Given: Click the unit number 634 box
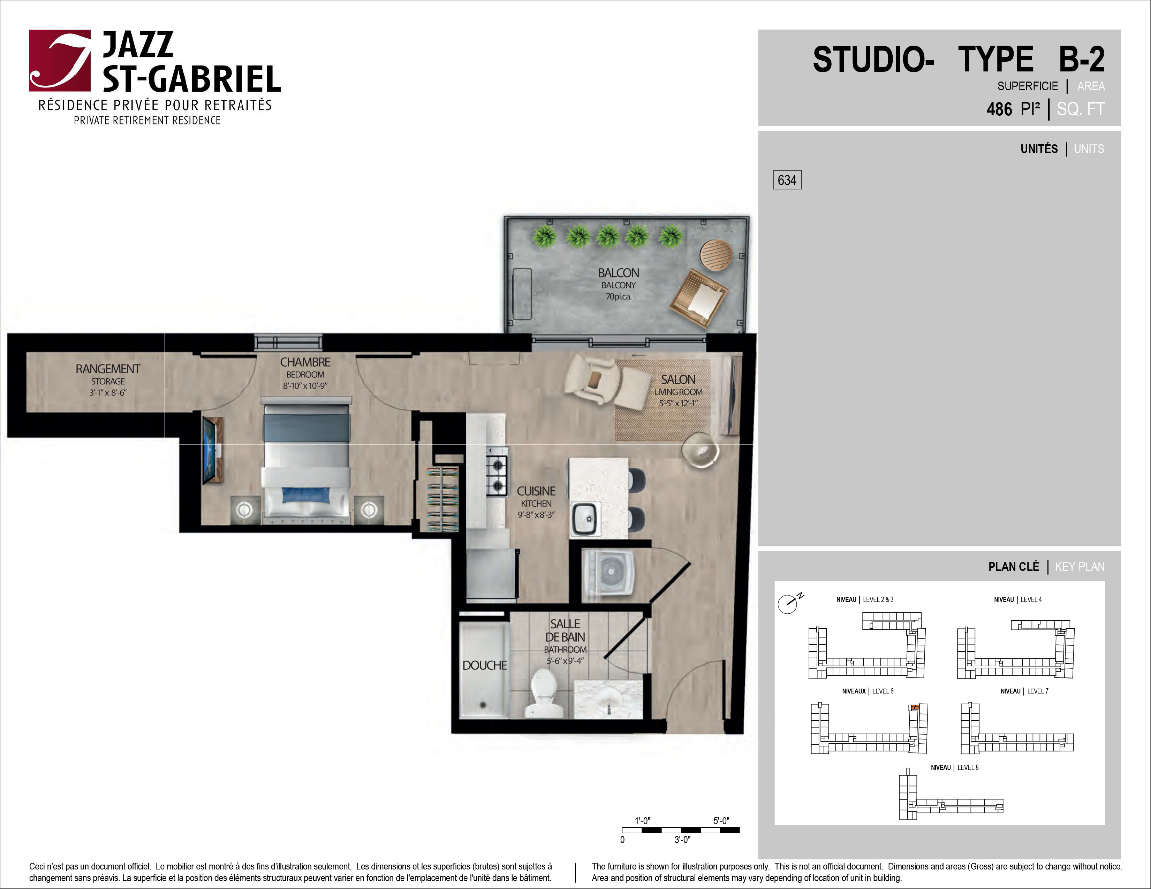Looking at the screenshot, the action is pyautogui.click(x=787, y=180).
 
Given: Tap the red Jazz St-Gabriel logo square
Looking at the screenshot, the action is pyautogui.click(x=60, y=61).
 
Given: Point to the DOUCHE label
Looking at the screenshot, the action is pyautogui.click(x=484, y=665).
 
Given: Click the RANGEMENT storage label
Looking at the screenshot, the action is pyautogui.click(x=108, y=369).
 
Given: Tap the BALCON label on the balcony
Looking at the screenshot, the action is pyautogui.click(x=618, y=273).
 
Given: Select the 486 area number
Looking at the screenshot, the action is pyautogui.click(x=999, y=109).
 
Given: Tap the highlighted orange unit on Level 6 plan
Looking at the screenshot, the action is pyautogui.click(x=915, y=707).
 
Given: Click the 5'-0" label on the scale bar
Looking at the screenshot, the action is pyautogui.click(x=721, y=821).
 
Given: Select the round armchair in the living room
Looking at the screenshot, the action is pyautogui.click(x=700, y=450).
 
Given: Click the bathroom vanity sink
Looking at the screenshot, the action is pyautogui.click(x=609, y=699).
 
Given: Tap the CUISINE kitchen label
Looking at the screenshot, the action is pyautogui.click(x=536, y=491).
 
